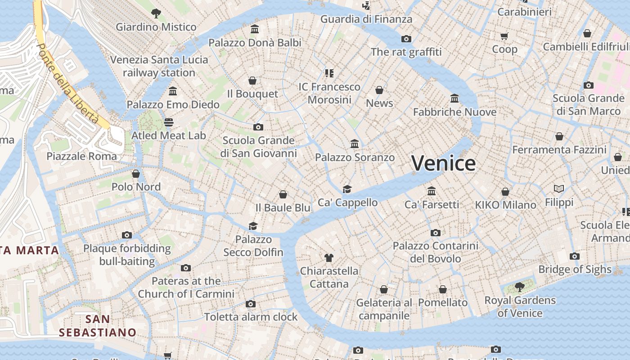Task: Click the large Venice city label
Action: (443, 163)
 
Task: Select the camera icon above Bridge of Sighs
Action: (574, 256)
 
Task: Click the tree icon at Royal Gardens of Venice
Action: (519, 287)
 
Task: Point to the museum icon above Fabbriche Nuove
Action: (454, 98)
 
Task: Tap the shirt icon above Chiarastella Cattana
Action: (329, 258)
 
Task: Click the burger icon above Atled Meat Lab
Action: (169, 122)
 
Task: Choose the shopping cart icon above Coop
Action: (504, 36)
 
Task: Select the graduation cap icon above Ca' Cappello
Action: (347, 189)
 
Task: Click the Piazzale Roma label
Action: (82, 156)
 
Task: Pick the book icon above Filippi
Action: (559, 189)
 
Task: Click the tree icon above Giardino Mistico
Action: (156, 13)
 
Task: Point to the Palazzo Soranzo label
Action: (355, 157)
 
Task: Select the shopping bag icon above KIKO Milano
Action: (505, 192)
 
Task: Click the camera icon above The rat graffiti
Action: (406, 39)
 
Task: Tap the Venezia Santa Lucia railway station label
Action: (159, 66)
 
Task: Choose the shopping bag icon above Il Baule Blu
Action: (283, 194)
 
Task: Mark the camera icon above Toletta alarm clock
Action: (251, 304)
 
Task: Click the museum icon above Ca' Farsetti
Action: (432, 191)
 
